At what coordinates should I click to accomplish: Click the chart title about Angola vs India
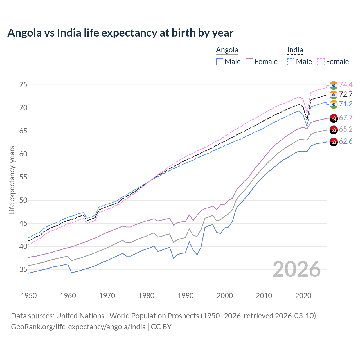(120, 33)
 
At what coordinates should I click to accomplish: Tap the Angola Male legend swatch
(220, 62)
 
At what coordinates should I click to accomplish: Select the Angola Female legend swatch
(250, 62)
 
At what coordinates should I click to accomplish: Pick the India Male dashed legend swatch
(291, 62)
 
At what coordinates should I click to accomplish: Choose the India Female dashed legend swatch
(321, 62)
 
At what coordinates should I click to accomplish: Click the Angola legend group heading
(227, 50)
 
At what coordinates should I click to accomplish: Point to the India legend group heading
(295, 50)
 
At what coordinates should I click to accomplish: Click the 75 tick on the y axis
(23, 85)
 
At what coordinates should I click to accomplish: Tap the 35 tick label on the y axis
(23, 270)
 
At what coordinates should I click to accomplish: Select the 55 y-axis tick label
(23, 177)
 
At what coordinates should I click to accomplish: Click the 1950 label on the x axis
(29, 296)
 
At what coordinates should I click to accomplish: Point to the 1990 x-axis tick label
(186, 296)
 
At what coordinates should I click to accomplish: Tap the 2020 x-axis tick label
(303, 296)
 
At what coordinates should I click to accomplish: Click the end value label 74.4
(346, 85)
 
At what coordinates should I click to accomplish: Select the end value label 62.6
(346, 141)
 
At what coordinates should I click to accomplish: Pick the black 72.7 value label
(346, 94)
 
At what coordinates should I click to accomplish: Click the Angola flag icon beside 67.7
(334, 118)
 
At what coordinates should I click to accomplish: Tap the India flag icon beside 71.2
(334, 104)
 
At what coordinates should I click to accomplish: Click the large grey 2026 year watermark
(297, 269)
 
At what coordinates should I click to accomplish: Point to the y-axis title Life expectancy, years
(12, 180)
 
